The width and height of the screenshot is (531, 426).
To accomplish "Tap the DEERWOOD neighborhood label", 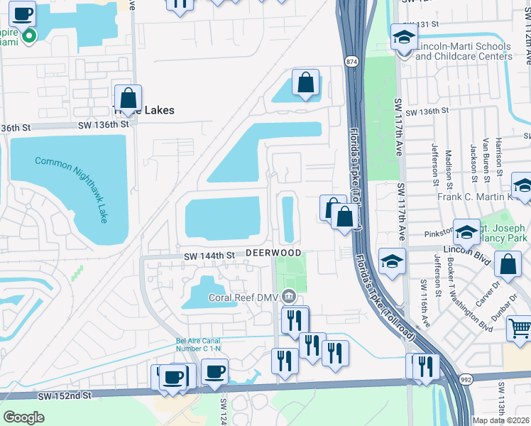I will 274,253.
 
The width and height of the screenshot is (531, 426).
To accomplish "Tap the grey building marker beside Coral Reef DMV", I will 289,295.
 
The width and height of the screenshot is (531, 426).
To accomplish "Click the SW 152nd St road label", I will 67,395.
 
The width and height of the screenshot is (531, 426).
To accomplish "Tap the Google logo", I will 23,417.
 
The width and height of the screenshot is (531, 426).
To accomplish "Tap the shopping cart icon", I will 520,329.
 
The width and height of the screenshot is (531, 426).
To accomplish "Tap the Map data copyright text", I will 501,420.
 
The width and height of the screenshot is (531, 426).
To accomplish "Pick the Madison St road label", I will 449,165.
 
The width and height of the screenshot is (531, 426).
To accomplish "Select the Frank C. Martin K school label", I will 475,197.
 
